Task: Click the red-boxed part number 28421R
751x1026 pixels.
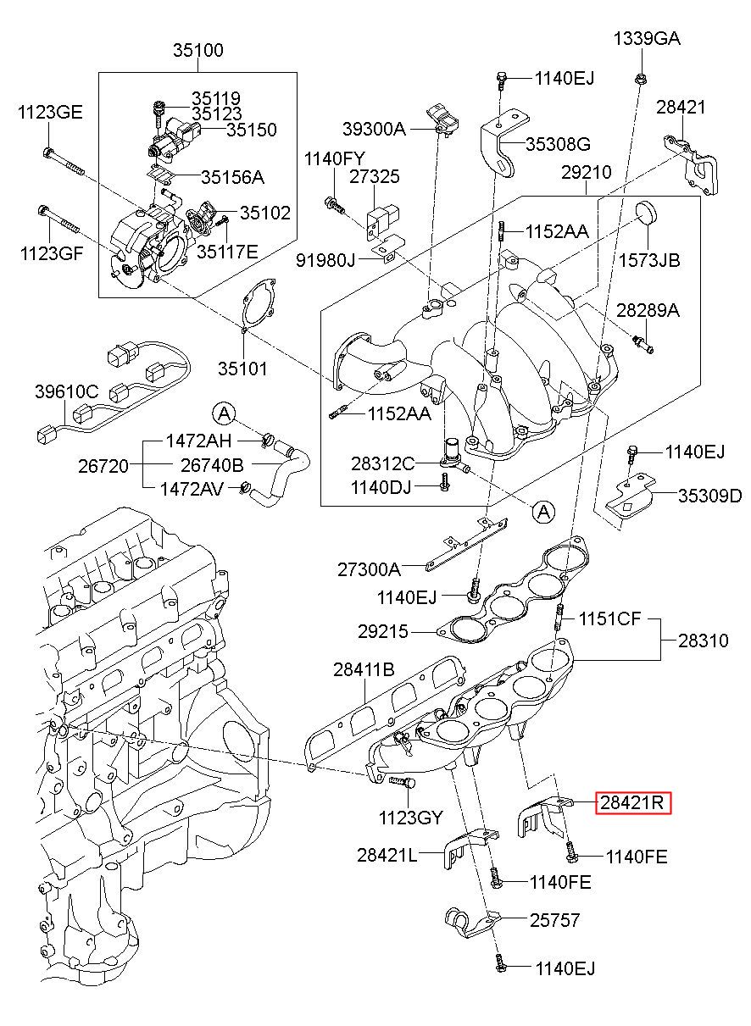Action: click(633, 801)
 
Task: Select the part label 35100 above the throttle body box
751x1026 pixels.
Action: click(198, 51)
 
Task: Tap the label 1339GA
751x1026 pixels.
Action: click(648, 39)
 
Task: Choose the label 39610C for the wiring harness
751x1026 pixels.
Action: click(67, 391)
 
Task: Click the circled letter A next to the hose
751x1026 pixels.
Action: click(222, 413)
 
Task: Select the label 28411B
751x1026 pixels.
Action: click(363, 669)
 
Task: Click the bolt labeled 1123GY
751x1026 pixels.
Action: click(404, 787)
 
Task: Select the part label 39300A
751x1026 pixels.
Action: click(374, 129)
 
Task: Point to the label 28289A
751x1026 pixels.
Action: click(648, 310)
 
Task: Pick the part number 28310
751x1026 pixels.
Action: click(703, 641)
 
